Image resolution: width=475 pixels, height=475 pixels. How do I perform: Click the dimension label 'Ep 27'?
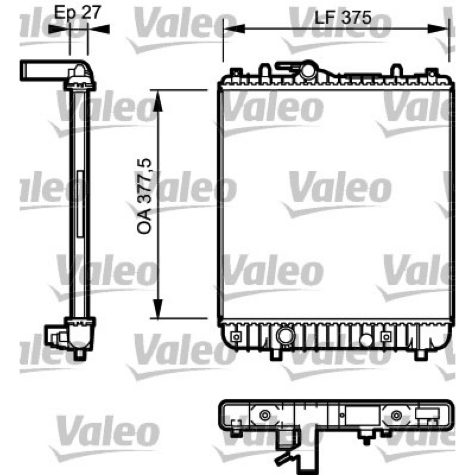77,12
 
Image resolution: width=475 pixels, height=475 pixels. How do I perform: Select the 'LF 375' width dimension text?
343,17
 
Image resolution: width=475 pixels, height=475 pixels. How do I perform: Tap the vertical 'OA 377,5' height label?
144,196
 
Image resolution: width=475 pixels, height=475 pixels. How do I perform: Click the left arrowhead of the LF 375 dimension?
234,28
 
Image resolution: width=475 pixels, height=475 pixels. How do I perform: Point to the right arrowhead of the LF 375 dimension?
438,28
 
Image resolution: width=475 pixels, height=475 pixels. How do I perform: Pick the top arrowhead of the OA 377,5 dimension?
158,101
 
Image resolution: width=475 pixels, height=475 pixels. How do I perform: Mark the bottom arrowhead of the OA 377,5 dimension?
158,309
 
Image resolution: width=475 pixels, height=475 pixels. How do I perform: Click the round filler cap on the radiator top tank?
308,71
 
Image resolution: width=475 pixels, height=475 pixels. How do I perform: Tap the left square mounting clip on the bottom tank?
236,337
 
